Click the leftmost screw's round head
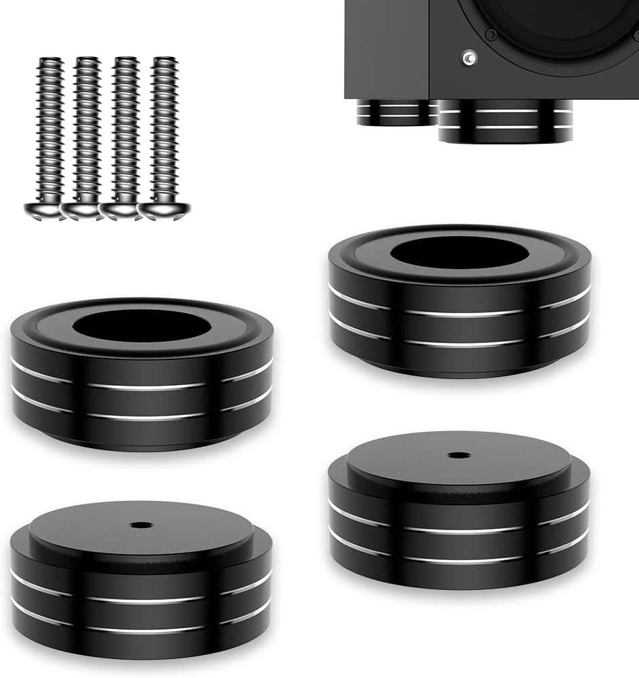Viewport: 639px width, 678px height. click(x=45, y=210)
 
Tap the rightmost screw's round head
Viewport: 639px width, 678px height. click(x=163, y=210)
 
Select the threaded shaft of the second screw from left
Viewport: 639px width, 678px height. click(x=85, y=129)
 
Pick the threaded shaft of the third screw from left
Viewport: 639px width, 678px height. click(x=125, y=129)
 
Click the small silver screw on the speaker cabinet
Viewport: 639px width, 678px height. click(x=469, y=60)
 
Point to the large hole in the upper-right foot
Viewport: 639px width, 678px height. click(x=459, y=252)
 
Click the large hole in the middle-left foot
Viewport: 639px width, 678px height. click(x=142, y=326)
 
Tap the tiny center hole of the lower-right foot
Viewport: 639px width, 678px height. click(x=459, y=455)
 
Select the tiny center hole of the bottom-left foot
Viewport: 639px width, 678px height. click(x=141, y=525)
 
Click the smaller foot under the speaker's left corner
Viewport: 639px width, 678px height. click(x=393, y=113)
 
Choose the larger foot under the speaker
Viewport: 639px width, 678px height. click(x=505, y=122)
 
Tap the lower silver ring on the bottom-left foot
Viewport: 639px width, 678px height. click(x=141, y=629)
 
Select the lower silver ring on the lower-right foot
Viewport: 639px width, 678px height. click(x=459, y=559)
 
